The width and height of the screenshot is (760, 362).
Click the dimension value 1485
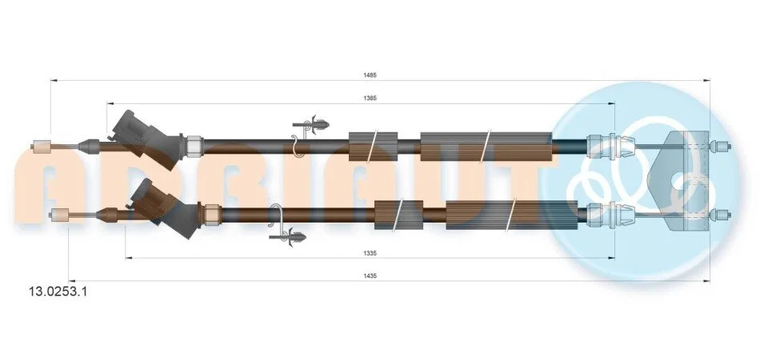(370, 75)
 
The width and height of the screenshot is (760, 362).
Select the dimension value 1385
(370, 98)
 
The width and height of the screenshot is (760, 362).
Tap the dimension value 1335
(370, 253)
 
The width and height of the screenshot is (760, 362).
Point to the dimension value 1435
(370, 276)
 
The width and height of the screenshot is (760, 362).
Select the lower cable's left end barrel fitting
(61, 215)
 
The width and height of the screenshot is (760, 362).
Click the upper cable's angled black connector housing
(146, 139)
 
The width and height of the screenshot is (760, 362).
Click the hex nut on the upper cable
(194, 143)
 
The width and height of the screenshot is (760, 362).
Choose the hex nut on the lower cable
(213, 212)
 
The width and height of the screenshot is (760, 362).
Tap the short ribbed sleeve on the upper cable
(374, 146)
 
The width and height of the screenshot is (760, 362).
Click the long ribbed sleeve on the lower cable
(512, 215)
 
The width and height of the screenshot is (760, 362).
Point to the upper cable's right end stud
(722, 146)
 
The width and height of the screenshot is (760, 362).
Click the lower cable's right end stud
(722, 214)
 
